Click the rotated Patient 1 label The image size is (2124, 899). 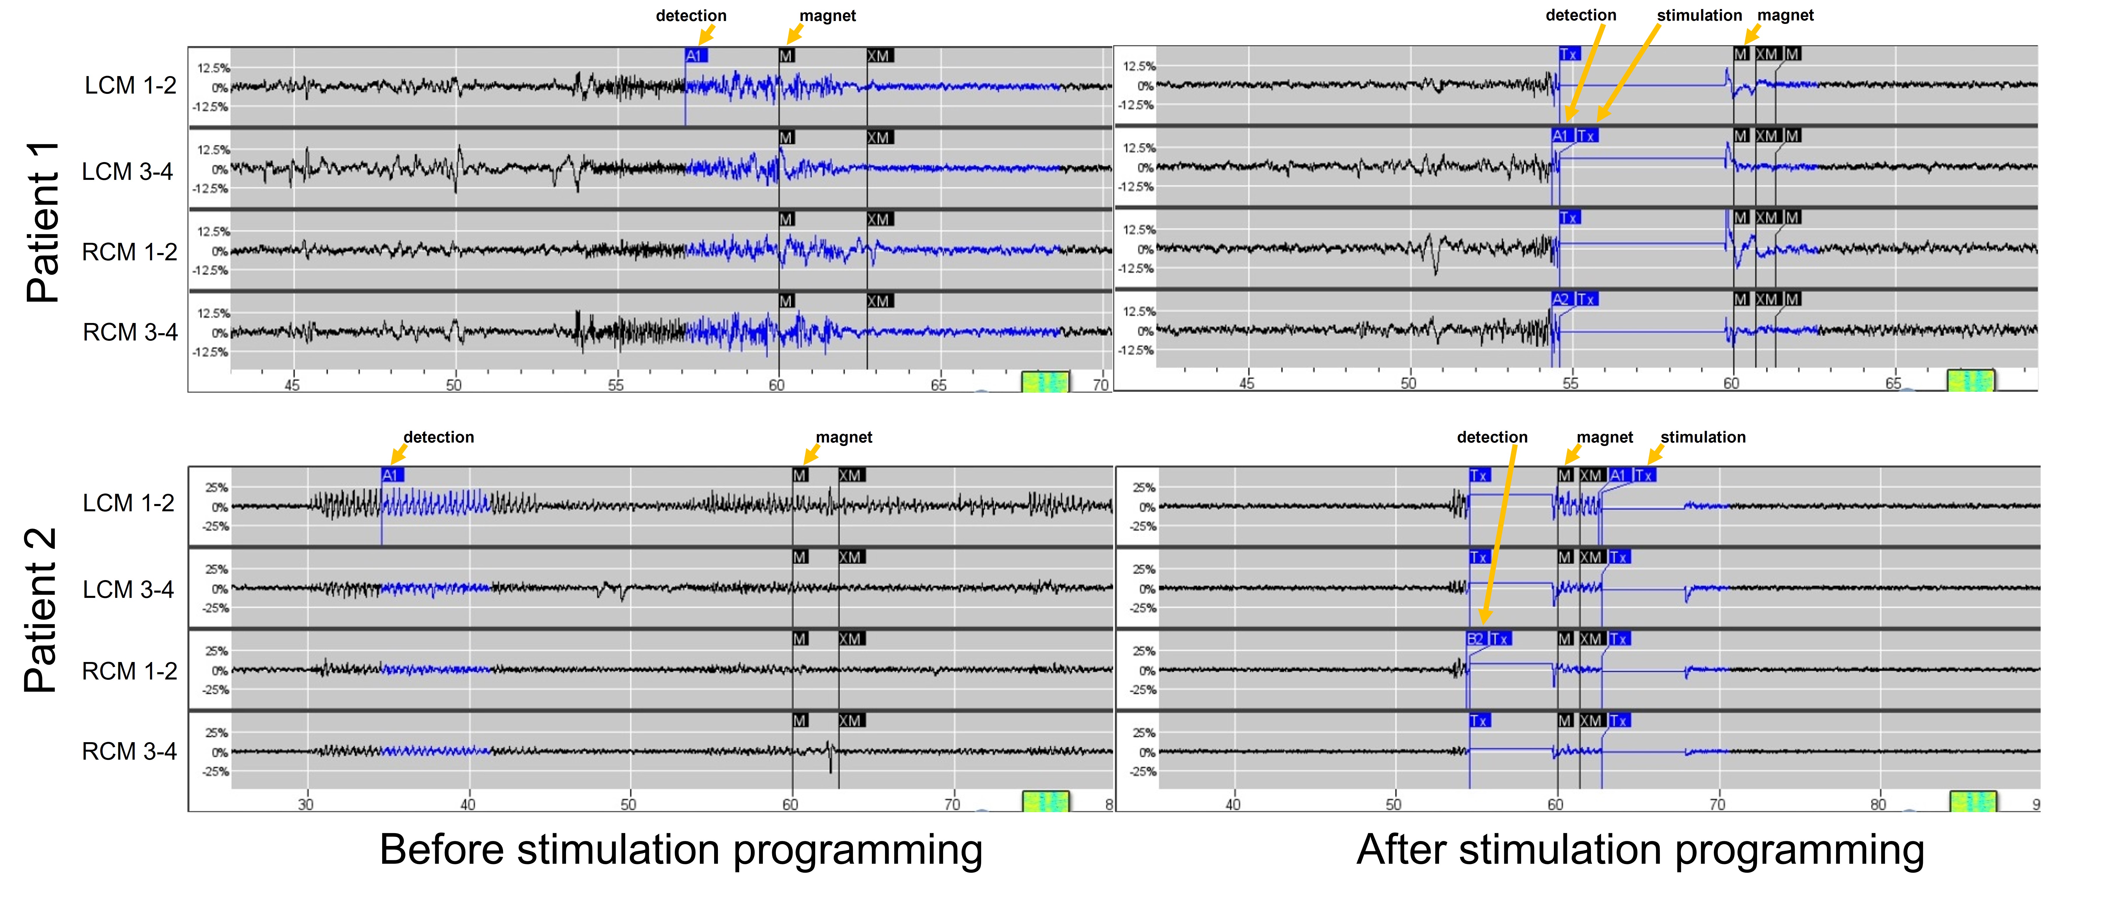click(43, 221)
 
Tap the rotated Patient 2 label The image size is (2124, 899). click(41, 610)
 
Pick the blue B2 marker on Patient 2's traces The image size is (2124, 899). click(1475, 639)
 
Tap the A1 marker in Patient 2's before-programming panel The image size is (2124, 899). click(391, 475)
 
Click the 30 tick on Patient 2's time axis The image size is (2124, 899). click(306, 804)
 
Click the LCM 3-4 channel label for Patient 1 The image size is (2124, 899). click(128, 172)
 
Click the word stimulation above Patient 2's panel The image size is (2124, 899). click(1703, 437)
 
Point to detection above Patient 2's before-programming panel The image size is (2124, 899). click(439, 437)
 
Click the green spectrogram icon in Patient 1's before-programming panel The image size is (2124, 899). click(1046, 381)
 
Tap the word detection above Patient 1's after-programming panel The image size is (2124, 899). click(1581, 15)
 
